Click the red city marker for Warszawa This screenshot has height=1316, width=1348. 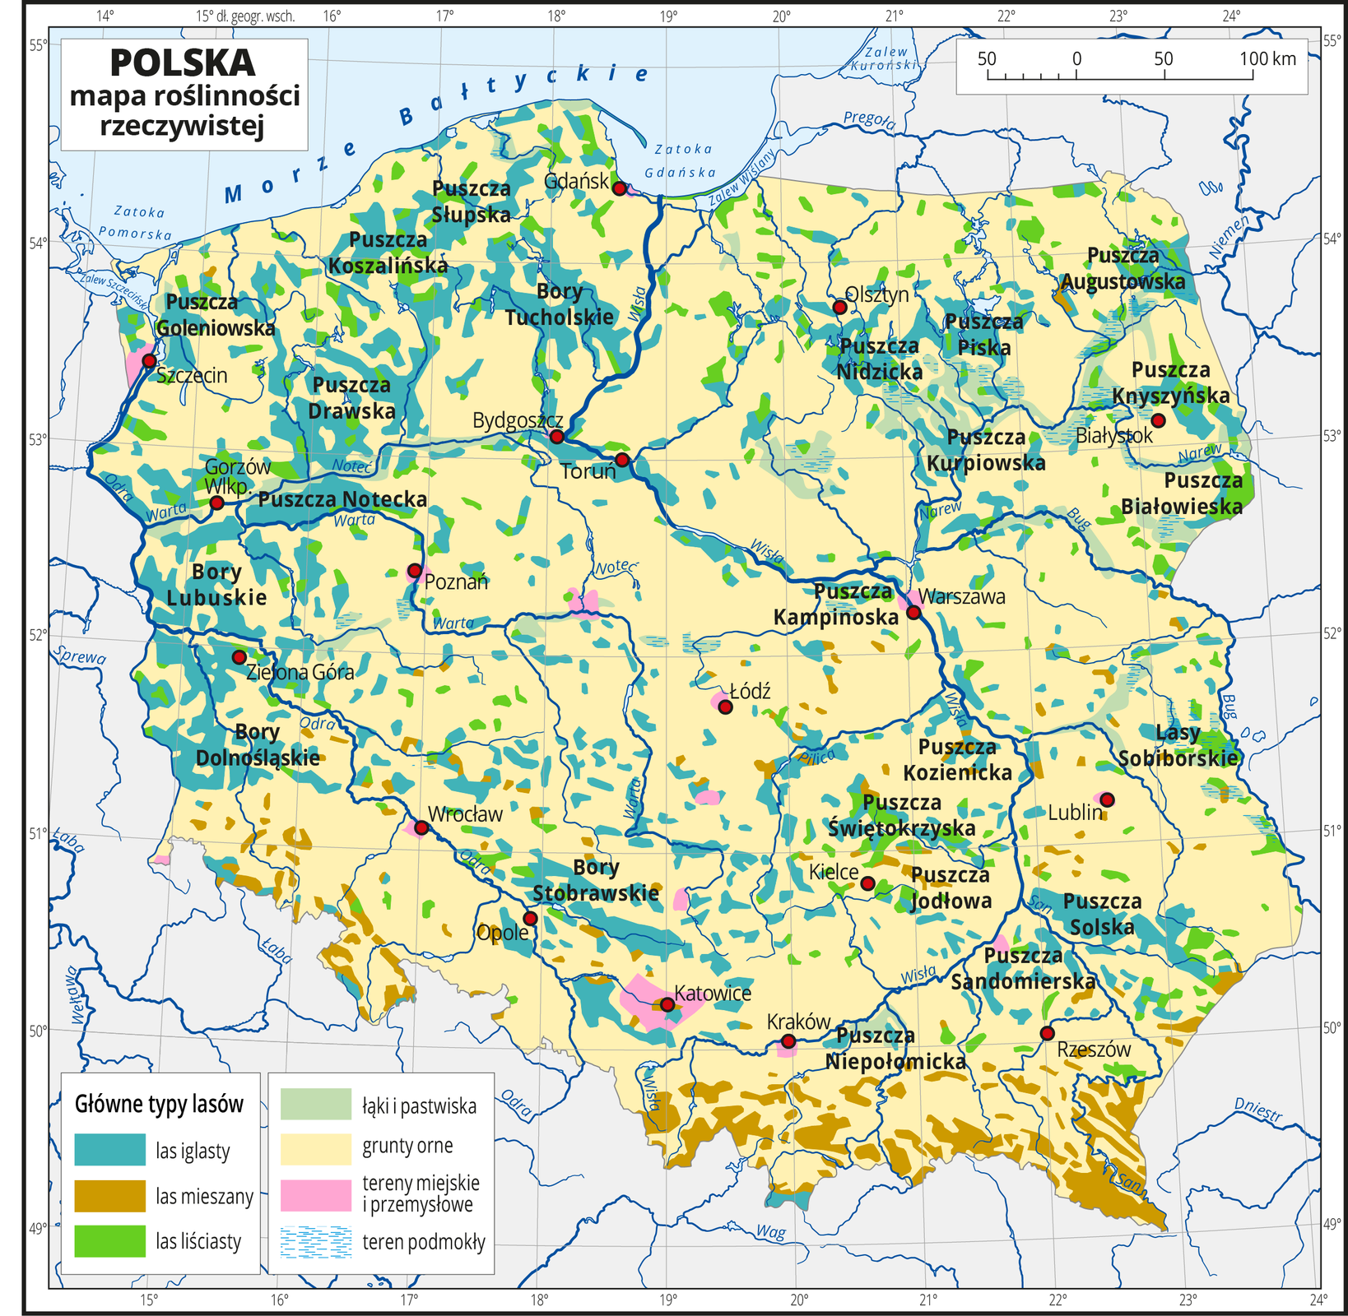[913, 612]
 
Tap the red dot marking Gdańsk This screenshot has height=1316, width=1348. [620, 188]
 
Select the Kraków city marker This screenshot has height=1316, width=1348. [788, 1041]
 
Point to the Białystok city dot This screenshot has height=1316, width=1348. [1158, 420]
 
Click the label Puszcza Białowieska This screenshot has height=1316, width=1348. [1183, 493]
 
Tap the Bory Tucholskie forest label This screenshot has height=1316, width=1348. [560, 304]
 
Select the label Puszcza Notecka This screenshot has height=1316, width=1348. [342, 499]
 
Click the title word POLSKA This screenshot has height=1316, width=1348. [182, 63]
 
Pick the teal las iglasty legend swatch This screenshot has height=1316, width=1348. [109, 1150]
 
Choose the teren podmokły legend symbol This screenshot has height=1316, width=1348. [315, 1242]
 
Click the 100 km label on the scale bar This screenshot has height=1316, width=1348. [1267, 58]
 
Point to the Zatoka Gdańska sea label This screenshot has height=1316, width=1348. [682, 160]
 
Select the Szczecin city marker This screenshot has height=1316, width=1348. [149, 360]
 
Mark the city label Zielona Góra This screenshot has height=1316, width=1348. [300, 673]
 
